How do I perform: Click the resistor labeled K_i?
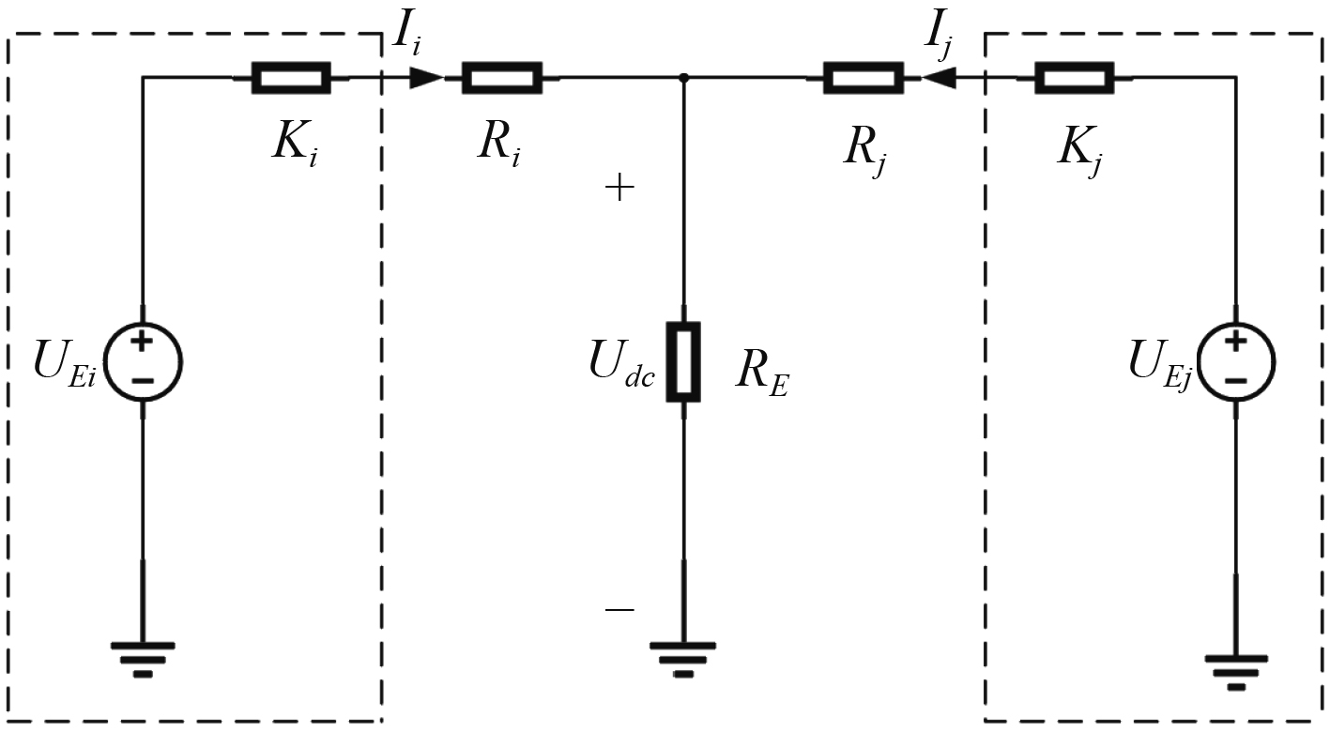click(x=290, y=78)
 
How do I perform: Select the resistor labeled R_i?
click(x=502, y=78)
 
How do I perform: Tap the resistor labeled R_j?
click(x=863, y=78)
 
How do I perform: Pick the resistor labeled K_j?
click(x=1075, y=78)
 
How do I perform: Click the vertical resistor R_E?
click(x=683, y=362)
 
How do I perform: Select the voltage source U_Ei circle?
click(x=142, y=361)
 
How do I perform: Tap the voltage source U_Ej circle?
click(x=1236, y=361)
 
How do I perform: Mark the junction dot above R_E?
click(x=683, y=78)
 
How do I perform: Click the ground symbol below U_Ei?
click(x=142, y=657)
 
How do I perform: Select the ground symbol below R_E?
click(x=683, y=657)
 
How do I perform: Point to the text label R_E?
click(x=761, y=375)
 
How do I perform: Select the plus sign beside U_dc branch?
click(x=619, y=189)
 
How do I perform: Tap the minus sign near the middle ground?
click(x=619, y=610)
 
